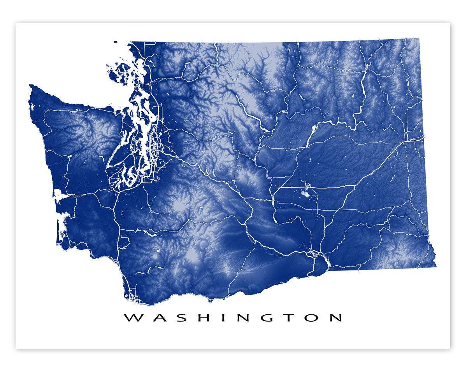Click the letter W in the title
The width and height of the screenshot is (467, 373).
click(133, 318)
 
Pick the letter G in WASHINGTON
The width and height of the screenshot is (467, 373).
click(266, 318)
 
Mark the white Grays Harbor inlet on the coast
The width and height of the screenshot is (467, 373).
click(60, 195)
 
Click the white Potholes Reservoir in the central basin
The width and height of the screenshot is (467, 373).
click(306, 193)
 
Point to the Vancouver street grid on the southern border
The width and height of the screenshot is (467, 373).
click(133, 298)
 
